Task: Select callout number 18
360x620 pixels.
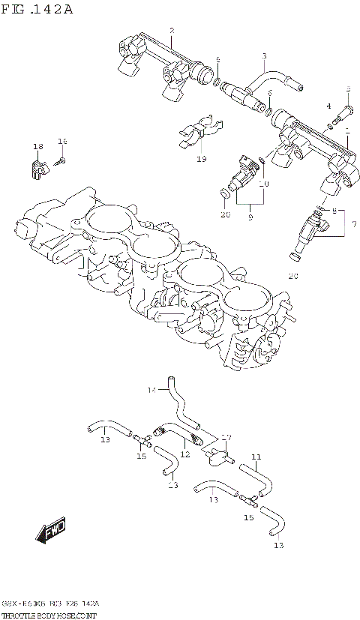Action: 37,146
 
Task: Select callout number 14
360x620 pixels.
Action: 151,389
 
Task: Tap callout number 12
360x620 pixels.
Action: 184,454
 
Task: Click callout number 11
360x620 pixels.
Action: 256,457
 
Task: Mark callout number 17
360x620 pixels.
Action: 226,437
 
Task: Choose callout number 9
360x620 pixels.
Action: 250,217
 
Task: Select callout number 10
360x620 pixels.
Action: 263,184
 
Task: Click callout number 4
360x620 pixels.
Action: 328,106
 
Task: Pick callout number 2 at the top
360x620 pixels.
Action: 172,31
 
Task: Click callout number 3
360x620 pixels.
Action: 264,56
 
